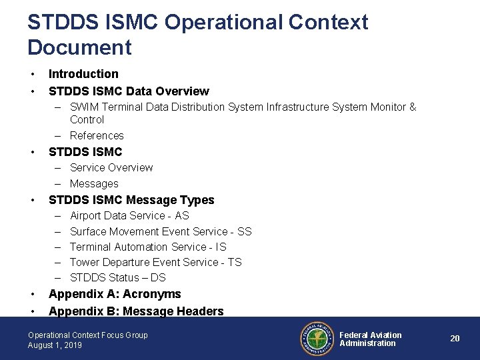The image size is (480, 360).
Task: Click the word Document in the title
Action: click(80, 47)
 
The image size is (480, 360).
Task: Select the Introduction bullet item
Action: click(83, 74)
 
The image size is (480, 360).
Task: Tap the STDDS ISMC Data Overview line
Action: click(129, 91)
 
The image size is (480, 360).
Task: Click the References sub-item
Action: click(97, 135)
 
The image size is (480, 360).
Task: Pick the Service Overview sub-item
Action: click(111, 167)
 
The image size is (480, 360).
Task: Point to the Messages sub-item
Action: click(94, 183)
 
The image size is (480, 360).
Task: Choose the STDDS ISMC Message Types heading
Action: click(131, 200)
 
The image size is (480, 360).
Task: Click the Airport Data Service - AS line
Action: click(129, 215)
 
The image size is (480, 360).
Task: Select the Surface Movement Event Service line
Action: click(161, 231)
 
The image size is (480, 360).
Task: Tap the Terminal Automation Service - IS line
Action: click(148, 247)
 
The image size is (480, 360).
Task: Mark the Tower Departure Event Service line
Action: click(155, 262)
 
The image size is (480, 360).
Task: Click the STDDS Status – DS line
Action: click(118, 277)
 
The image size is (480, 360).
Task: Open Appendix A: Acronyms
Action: click(115, 294)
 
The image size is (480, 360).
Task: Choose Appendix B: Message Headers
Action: click(136, 311)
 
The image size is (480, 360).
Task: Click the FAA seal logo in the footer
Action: click(316, 339)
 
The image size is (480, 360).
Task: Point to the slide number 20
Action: click(455, 339)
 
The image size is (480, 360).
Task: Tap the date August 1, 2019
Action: click(55, 345)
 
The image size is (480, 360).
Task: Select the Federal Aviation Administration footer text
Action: click(371, 339)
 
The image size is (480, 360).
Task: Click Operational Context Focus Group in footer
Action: click(88, 335)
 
